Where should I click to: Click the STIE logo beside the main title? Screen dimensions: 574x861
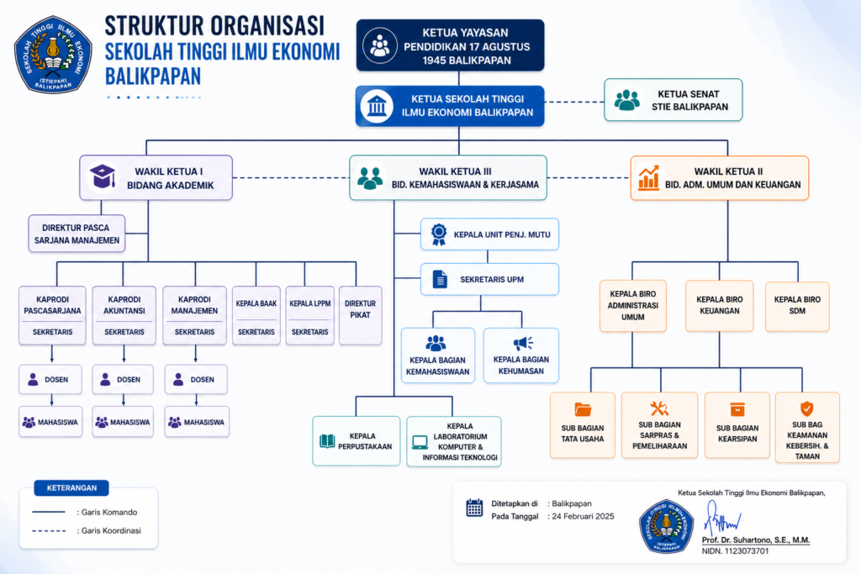(x=54, y=54)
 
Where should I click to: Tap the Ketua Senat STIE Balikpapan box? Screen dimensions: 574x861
(x=673, y=100)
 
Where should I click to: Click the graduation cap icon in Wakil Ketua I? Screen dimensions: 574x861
(x=103, y=177)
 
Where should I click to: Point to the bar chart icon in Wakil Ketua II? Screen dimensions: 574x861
(x=648, y=177)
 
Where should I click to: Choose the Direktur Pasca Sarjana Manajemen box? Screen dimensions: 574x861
(x=77, y=234)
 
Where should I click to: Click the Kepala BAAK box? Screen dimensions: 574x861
(x=256, y=315)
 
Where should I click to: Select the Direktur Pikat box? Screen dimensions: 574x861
(x=360, y=315)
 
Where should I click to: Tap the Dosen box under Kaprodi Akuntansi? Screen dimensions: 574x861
(x=122, y=379)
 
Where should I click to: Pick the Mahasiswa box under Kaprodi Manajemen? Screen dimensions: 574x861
(x=197, y=422)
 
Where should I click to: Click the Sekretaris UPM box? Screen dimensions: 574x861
(x=489, y=279)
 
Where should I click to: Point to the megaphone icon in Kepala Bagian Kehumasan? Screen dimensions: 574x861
(x=523, y=343)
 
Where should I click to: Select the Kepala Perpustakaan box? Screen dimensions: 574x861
(x=357, y=440)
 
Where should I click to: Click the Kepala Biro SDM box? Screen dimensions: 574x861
(x=797, y=305)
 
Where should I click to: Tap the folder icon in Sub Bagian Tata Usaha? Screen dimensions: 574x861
(x=583, y=409)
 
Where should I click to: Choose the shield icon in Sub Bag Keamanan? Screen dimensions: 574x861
(x=806, y=408)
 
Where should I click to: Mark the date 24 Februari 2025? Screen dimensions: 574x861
(x=584, y=516)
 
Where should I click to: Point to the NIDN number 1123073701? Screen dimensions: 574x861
(x=734, y=551)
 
